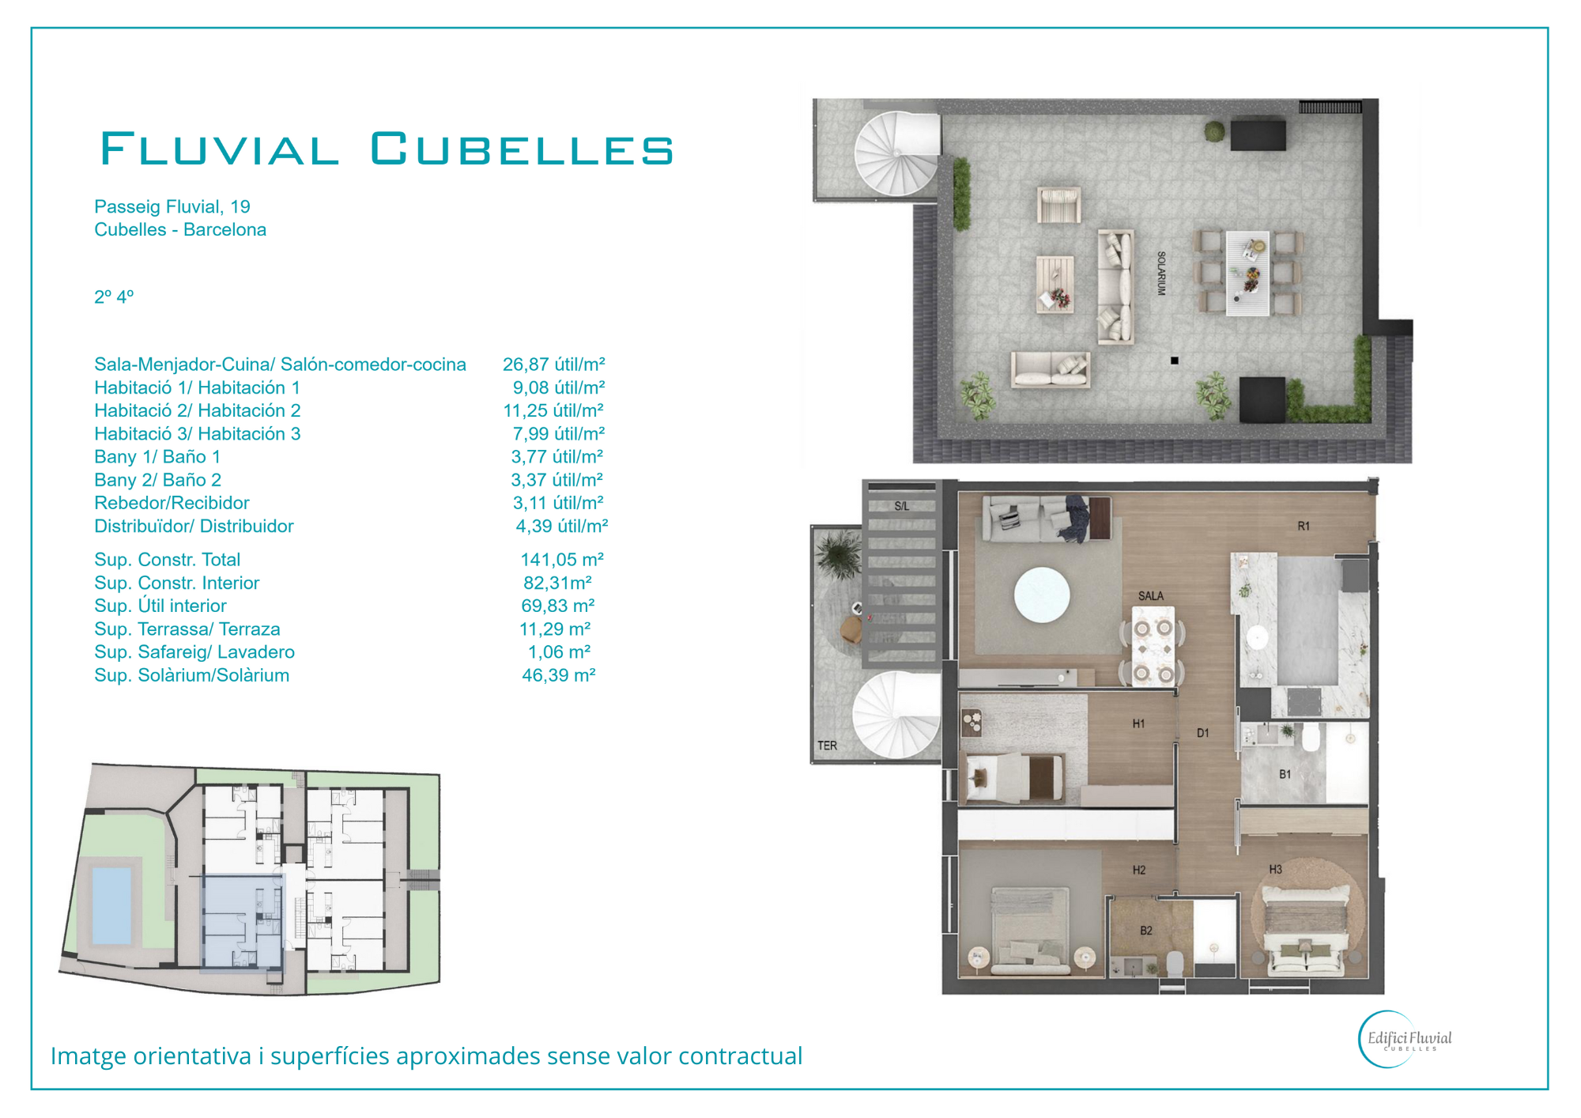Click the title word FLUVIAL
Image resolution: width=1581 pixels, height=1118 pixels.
tap(220, 149)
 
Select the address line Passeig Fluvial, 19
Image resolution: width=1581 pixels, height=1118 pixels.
tap(172, 206)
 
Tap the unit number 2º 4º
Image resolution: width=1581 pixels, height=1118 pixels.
tap(114, 297)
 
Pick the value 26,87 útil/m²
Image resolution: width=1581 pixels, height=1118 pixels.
tap(553, 364)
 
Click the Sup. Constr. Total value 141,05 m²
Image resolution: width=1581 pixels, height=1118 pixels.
tap(562, 560)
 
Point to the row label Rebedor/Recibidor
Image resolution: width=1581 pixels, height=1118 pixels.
tap(172, 503)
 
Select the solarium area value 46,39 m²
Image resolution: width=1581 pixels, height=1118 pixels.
tap(558, 675)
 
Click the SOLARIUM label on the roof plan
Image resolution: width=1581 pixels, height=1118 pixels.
tap(1161, 274)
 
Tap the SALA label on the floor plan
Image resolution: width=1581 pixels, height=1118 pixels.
tap(1151, 596)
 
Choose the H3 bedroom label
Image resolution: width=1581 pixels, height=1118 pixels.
tap(1276, 870)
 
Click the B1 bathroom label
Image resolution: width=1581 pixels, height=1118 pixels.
tap(1285, 775)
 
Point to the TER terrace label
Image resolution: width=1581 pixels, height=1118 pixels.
tap(828, 746)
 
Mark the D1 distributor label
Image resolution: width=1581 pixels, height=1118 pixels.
tap(1203, 734)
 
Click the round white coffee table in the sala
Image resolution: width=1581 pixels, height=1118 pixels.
tap(1042, 595)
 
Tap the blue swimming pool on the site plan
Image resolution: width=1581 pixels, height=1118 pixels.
tap(111, 906)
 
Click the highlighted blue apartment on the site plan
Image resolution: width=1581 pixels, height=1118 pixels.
tap(243, 922)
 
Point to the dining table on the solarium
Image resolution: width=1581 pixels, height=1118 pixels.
tap(1248, 273)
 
